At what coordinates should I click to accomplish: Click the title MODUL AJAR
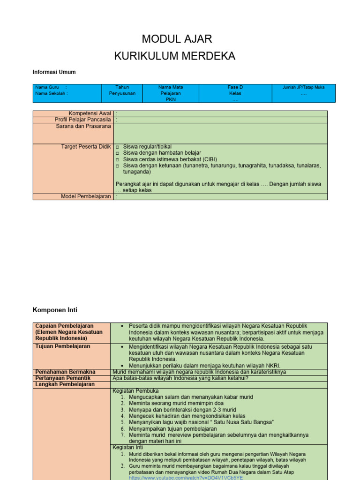[177, 39]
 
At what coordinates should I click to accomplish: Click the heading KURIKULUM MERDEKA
[175, 57]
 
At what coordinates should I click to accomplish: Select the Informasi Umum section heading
[54, 72]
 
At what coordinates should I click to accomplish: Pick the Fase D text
[235, 87]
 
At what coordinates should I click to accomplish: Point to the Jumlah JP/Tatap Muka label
[303, 87]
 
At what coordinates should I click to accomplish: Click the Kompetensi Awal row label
[90, 113]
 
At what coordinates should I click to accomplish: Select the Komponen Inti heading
[55, 310]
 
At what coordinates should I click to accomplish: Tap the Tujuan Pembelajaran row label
[63, 346]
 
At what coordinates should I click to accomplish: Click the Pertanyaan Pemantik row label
[63, 378]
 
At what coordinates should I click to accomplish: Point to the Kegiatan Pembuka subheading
[135, 390]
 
